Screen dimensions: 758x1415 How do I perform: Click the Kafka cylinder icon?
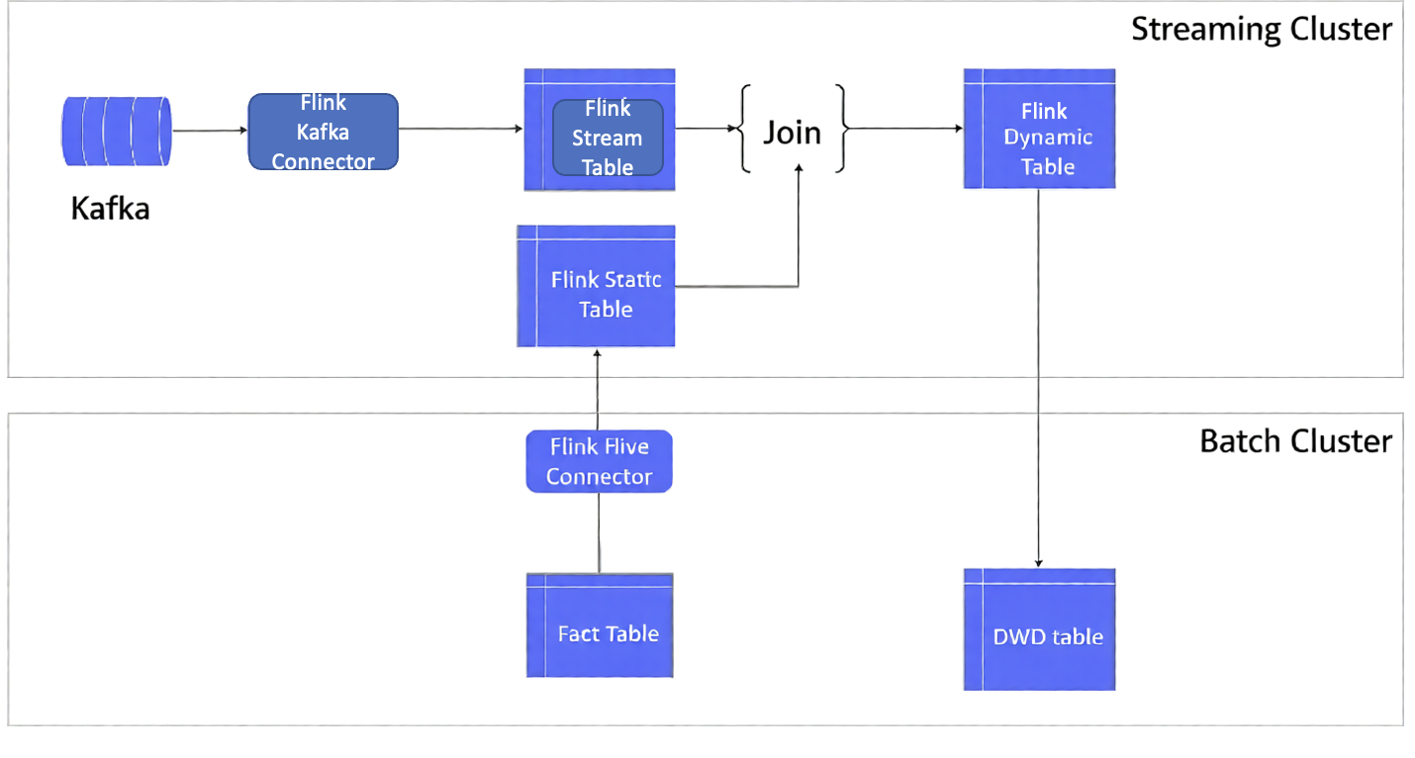pyautogui.click(x=116, y=131)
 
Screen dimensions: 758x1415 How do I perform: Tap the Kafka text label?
pyautogui.click(x=110, y=209)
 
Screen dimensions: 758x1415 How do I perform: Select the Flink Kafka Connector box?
pyautogui.click(x=323, y=132)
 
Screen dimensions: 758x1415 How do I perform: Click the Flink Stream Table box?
pyautogui.click(x=600, y=130)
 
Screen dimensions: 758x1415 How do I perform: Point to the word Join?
pyautogui.click(x=792, y=132)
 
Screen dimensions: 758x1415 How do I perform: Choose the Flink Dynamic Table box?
pyautogui.click(x=1039, y=129)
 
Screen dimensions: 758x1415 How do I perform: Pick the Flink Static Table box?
pyautogui.click(x=596, y=286)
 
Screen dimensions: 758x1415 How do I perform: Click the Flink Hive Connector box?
pyautogui.click(x=599, y=461)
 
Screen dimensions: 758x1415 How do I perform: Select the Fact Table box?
pyautogui.click(x=600, y=625)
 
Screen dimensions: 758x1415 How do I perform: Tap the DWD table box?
pyautogui.click(x=1039, y=629)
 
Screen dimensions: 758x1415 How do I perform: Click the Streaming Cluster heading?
pyautogui.click(x=1261, y=30)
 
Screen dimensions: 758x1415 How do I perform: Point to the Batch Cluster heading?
pyautogui.click(x=1294, y=440)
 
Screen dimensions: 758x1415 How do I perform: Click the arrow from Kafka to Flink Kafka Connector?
pyautogui.click(x=209, y=130)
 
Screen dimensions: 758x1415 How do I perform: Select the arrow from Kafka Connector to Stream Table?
pyautogui.click(x=460, y=129)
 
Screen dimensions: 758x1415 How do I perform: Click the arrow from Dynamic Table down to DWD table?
pyautogui.click(x=1038, y=376)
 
